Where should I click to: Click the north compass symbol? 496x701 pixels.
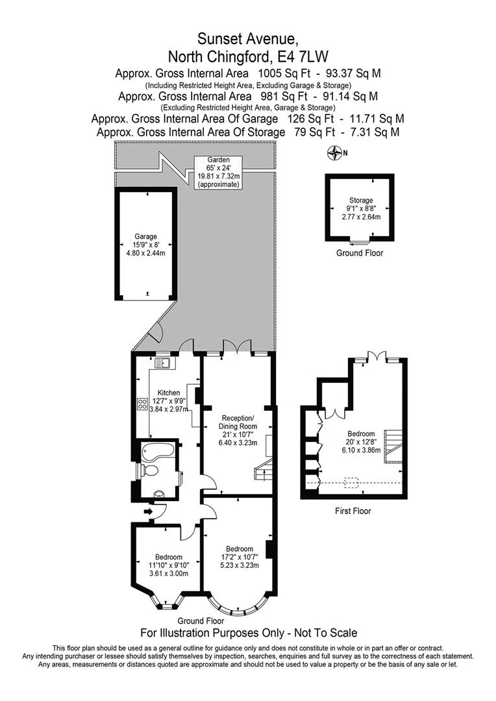click(x=334, y=153)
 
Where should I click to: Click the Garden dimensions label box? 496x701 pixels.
click(x=219, y=172)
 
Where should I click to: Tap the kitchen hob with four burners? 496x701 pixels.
click(x=142, y=404)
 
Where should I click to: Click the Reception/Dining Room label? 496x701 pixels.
click(x=238, y=429)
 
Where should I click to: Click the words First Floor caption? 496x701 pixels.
click(x=353, y=511)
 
